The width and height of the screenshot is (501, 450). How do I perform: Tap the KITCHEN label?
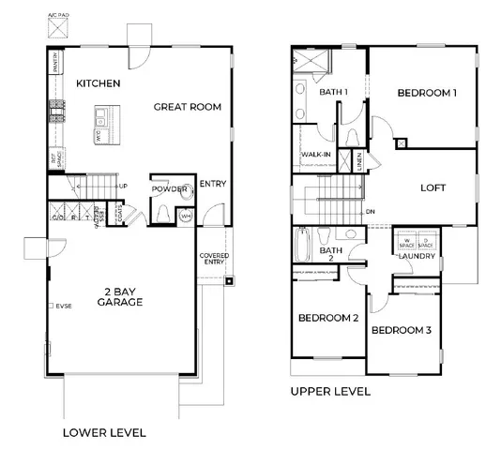(99, 83)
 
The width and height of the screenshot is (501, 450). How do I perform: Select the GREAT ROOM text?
(188, 107)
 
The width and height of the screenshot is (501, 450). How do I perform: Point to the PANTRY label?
(56, 65)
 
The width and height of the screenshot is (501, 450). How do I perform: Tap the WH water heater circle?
(186, 217)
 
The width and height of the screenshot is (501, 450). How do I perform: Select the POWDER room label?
(170, 188)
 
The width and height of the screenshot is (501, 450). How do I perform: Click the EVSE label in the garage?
(63, 306)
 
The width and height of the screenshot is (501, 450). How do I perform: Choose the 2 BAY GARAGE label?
(122, 298)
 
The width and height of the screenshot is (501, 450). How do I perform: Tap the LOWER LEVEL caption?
(103, 432)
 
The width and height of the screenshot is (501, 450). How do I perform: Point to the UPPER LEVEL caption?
(330, 391)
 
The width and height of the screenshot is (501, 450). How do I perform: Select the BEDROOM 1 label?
(427, 93)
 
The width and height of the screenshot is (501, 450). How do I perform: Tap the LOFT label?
(432, 187)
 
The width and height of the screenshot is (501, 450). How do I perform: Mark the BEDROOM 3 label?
(401, 330)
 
